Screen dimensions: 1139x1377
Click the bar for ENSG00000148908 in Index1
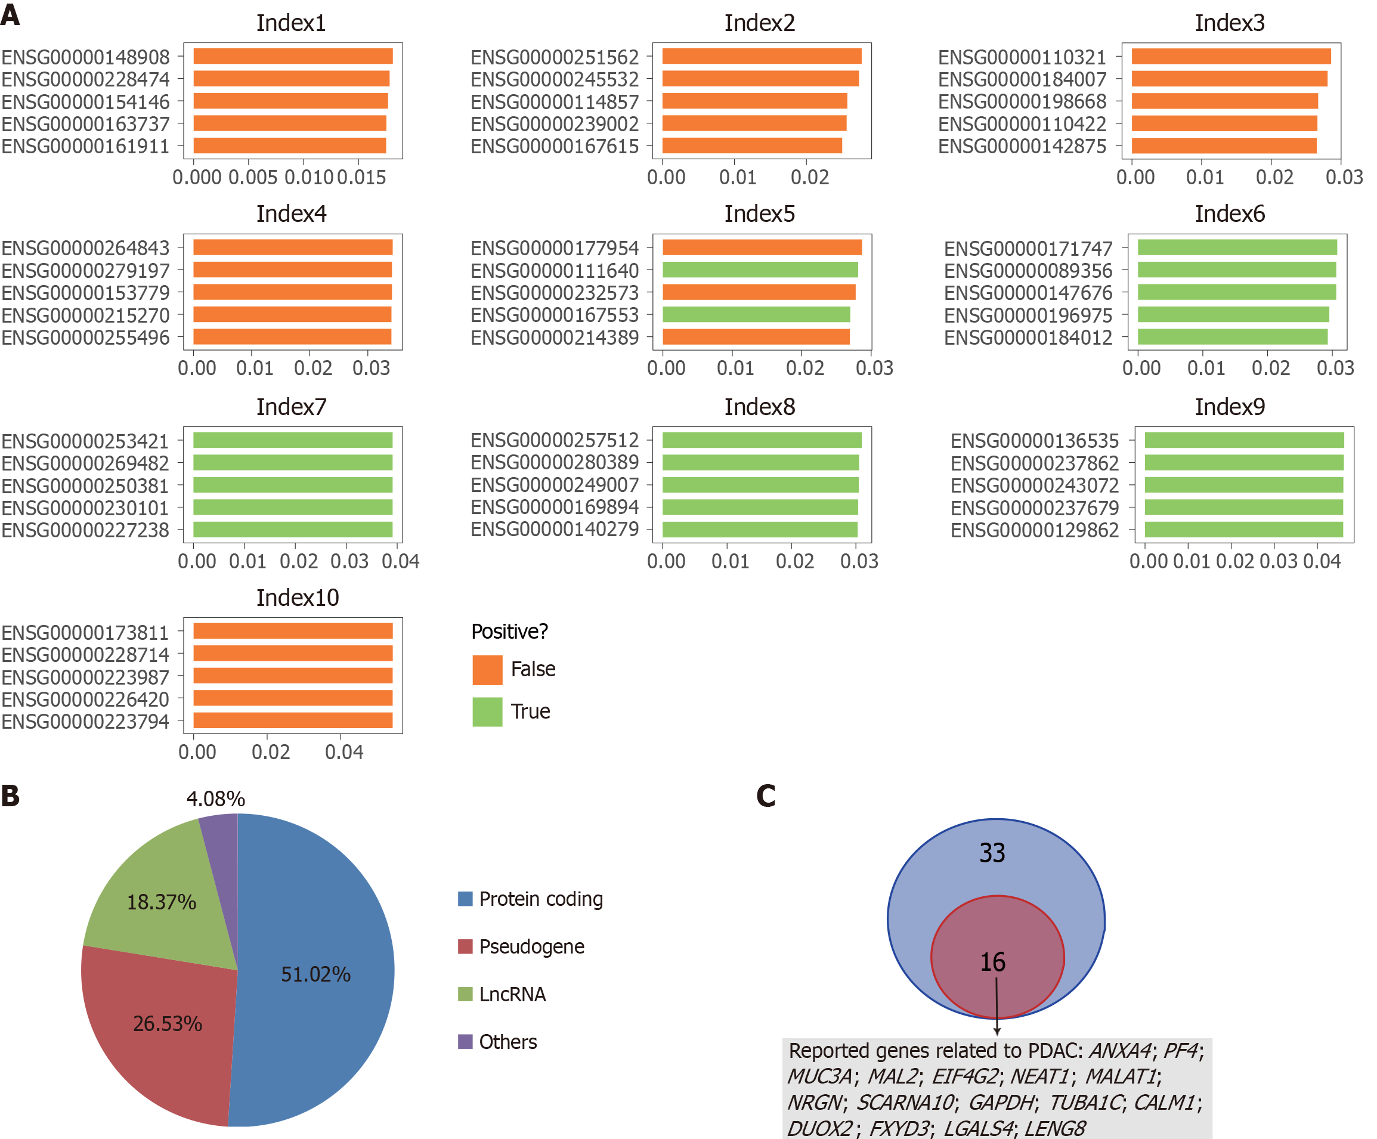click(x=292, y=57)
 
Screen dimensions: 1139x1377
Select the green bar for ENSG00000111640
click(x=759, y=270)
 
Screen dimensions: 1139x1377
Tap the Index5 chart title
click(x=759, y=213)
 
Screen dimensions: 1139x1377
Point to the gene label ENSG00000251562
click(x=554, y=57)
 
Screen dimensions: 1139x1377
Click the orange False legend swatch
click(x=487, y=670)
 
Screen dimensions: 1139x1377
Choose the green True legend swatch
click(x=487, y=711)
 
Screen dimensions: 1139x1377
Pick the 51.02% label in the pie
click(x=315, y=974)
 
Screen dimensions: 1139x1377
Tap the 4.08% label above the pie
click(x=215, y=798)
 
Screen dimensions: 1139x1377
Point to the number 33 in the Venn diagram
click(x=992, y=852)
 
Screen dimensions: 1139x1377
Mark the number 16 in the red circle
click(x=992, y=962)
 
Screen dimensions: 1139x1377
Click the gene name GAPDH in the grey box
click(x=1001, y=1102)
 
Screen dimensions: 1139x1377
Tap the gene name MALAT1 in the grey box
click(x=1121, y=1076)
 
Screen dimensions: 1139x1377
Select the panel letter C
click(x=765, y=796)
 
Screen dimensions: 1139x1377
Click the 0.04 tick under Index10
click(x=344, y=752)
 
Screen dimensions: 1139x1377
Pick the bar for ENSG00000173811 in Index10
click(x=292, y=631)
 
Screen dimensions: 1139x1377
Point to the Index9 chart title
click(x=1230, y=407)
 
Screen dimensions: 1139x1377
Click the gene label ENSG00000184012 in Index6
click(x=1028, y=338)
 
